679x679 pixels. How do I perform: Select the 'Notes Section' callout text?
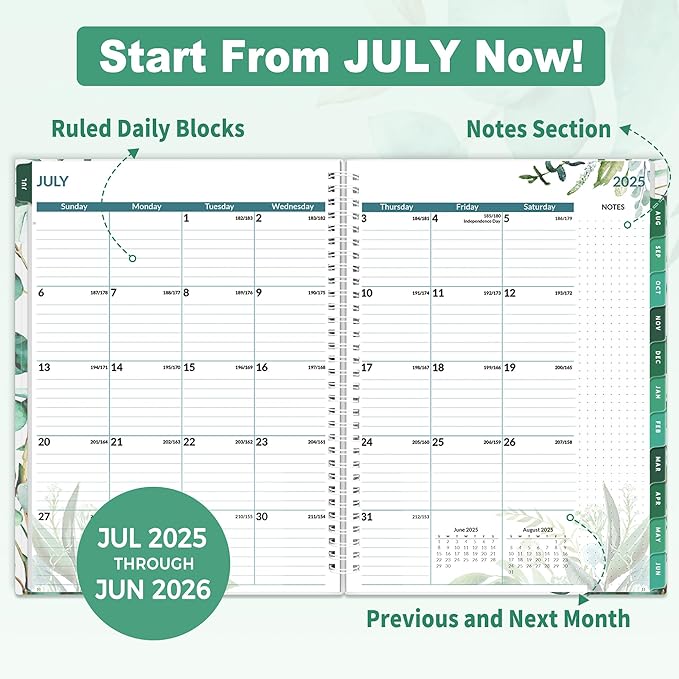(x=538, y=128)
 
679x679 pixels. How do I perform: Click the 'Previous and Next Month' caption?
(x=498, y=618)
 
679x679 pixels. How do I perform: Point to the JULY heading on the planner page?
(x=54, y=182)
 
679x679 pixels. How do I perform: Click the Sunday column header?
(x=73, y=207)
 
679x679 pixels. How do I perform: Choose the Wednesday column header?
(x=291, y=207)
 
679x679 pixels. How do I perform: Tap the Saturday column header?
(x=539, y=207)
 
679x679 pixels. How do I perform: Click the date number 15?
(x=189, y=367)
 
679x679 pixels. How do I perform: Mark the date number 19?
(x=510, y=367)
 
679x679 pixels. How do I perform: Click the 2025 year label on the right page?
(x=629, y=182)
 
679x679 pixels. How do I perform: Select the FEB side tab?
(x=657, y=427)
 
